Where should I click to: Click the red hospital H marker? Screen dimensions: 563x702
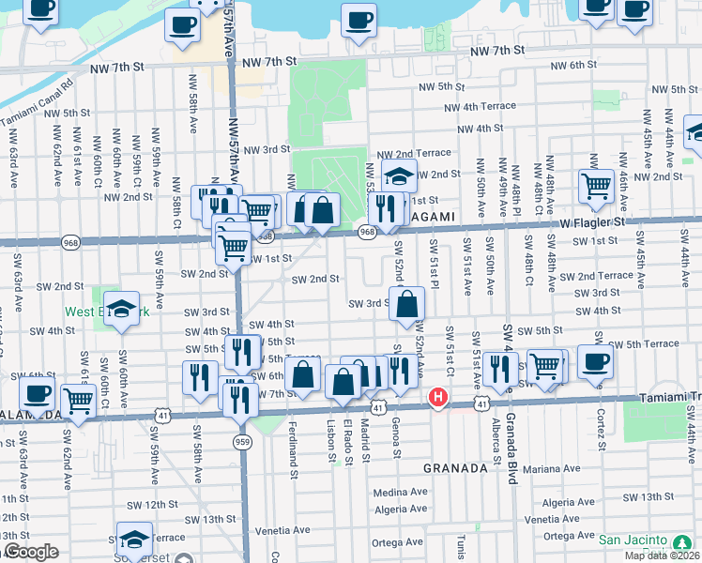point(437,398)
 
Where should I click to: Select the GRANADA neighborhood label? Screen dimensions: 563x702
point(455,467)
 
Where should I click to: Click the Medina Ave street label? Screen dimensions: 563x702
point(400,492)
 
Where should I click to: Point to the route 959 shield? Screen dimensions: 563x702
point(243,441)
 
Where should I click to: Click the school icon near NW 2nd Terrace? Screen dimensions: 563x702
point(400,175)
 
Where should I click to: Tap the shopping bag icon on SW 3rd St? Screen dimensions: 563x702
point(407,303)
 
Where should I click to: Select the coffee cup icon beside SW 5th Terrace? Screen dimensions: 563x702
point(595,361)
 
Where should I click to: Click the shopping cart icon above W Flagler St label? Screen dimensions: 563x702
point(595,186)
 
